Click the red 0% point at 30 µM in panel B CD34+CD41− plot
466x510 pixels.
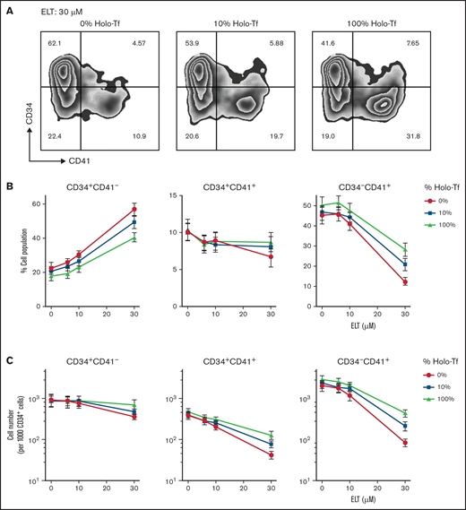tap(134, 210)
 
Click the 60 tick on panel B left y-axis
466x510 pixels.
tap(39, 205)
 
